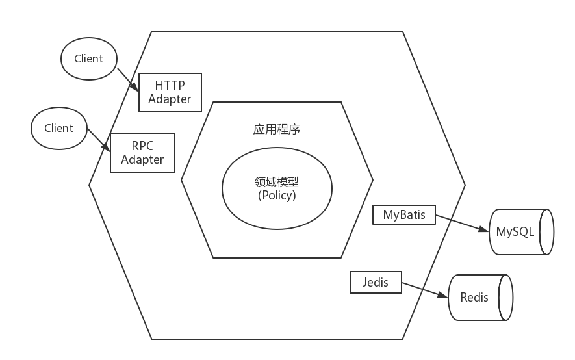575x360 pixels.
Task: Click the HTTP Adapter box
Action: pyautogui.click(x=170, y=92)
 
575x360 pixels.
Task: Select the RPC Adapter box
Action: pyautogui.click(x=142, y=153)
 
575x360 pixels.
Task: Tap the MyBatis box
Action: pyautogui.click(x=403, y=214)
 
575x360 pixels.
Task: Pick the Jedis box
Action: pyautogui.click(x=376, y=282)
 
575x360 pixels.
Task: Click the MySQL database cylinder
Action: pyautogui.click(x=520, y=232)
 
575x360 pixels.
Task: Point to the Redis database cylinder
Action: pyautogui.click(x=479, y=297)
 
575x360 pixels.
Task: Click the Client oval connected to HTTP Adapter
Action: pyautogui.click(x=88, y=58)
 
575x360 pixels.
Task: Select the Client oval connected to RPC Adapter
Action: pyautogui.click(x=58, y=127)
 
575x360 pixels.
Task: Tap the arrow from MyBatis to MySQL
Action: pyautogui.click(x=461, y=223)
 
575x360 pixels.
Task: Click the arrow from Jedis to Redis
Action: pyautogui.click(x=425, y=290)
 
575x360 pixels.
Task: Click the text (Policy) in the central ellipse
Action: pyautogui.click(x=277, y=196)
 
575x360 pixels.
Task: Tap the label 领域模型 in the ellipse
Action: pyautogui.click(x=277, y=182)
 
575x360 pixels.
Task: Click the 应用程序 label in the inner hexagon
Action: pyautogui.click(x=277, y=129)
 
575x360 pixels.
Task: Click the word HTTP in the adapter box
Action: pyautogui.click(x=170, y=85)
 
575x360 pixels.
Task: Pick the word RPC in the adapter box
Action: pyautogui.click(x=142, y=146)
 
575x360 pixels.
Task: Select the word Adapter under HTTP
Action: pyautogui.click(x=170, y=99)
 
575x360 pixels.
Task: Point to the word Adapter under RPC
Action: pyautogui.click(x=142, y=160)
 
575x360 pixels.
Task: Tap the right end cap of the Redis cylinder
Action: pyautogui.click(x=505, y=297)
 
